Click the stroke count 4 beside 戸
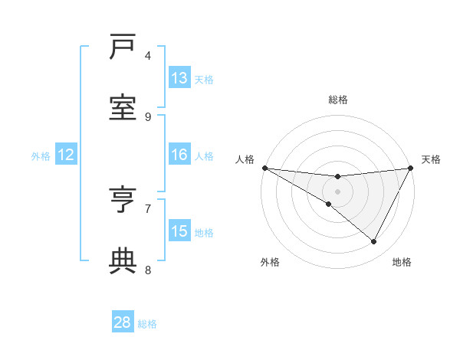coord(148,56)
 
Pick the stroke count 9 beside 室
coord(148,116)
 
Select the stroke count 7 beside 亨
coord(148,208)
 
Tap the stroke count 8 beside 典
coord(148,269)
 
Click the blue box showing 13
coord(179,78)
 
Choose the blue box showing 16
coord(179,155)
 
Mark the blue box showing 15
coord(179,231)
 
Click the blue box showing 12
coord(66,155)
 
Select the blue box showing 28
coord(123,322)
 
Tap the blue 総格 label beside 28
coord(147,324)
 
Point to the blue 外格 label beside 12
coord(41,156)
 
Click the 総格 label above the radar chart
coord(338,100)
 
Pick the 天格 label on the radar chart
coord(431,159)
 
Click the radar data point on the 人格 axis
coord(264,168)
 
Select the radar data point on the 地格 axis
coord(374,242)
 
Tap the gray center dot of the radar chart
coord(337,191)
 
